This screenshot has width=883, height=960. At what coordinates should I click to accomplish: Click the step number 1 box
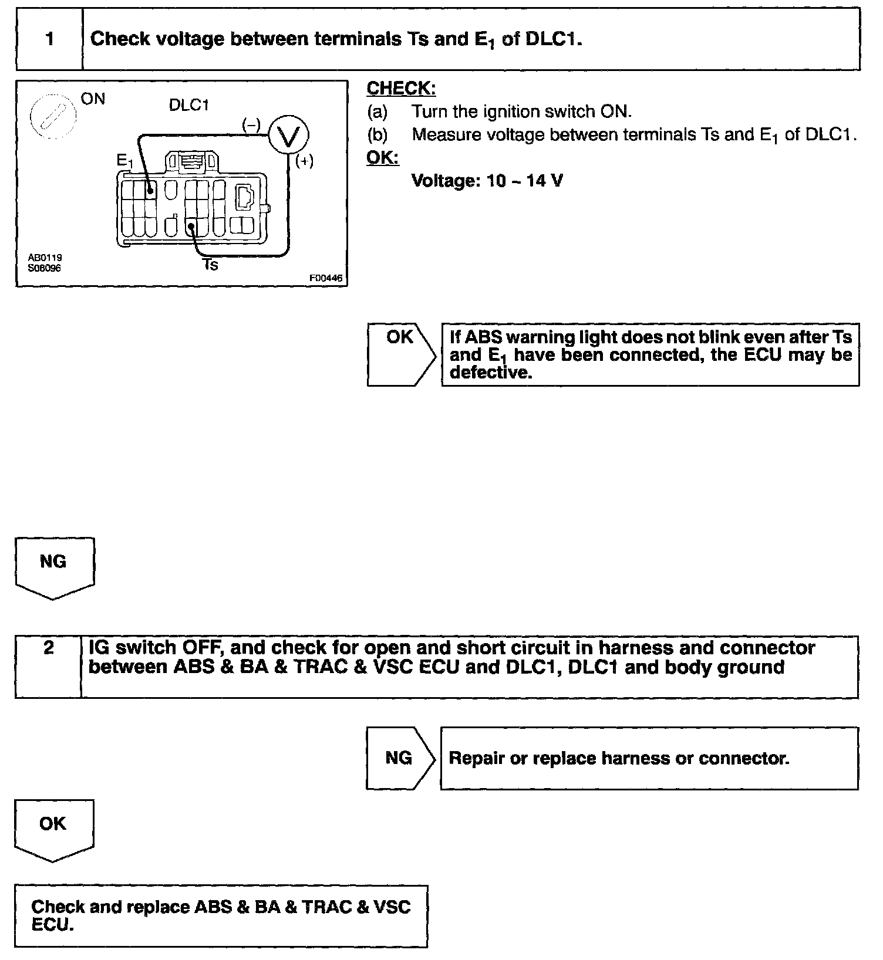49,39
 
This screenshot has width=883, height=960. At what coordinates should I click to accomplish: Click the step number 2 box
48,666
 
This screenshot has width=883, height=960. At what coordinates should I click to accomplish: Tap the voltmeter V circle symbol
288,136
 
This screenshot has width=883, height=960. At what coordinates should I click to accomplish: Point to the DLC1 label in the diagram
188,106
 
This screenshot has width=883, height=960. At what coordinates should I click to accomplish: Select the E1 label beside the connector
125,161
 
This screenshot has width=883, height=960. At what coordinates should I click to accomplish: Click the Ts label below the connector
210,265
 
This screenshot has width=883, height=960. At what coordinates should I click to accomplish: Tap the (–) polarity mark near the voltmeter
251,124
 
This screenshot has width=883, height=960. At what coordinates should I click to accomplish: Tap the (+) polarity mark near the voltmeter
304,161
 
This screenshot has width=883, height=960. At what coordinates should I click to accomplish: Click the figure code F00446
326,279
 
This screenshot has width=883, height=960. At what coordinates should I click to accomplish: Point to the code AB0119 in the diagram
45,258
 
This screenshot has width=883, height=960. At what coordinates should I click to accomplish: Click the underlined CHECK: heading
401,89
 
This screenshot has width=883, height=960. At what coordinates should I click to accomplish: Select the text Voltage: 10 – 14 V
487,181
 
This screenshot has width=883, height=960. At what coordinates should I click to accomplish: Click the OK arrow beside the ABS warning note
401,354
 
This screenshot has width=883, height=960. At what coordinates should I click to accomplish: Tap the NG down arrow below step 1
53,567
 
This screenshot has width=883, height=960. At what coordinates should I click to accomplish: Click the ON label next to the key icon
93,99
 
